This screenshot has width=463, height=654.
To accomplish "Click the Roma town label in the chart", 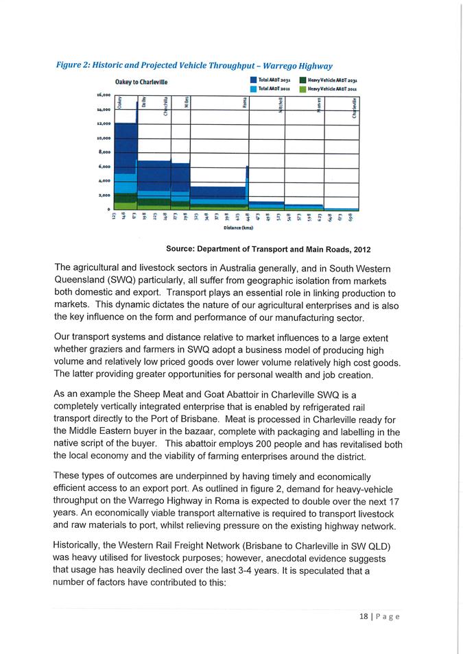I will pyautogui.click(x=245, y=103).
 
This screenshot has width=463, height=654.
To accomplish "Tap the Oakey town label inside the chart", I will pyautogui.click(x=119, y=103).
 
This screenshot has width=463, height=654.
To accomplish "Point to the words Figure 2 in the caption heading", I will pyautogui.click(x=73, y=66).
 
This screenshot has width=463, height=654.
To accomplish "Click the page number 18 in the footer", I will pyautogui.click(x=363, y=616).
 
